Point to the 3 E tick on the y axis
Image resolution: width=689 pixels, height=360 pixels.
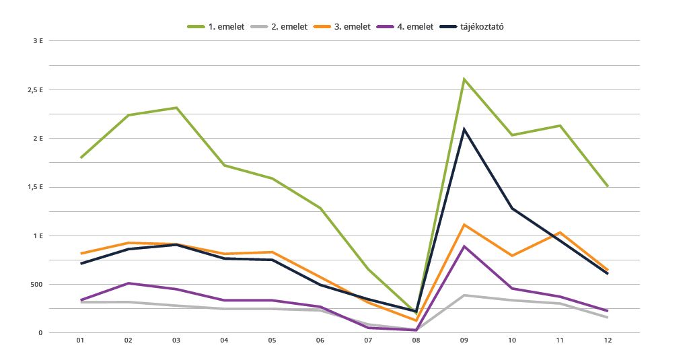[38, 41]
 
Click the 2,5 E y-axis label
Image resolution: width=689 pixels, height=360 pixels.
[36, 89]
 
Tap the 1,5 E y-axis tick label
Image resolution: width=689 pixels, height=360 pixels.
[36, 187]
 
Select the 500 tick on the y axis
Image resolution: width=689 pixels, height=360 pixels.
[36, 284]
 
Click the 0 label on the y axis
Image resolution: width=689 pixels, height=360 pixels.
[41, 333]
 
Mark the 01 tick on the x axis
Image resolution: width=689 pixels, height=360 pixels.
[80, 341]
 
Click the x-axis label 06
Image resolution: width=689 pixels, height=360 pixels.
[320, 341]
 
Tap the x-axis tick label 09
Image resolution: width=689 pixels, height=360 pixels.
[464, 341]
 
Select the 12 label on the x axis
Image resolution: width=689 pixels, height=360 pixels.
[608, 341]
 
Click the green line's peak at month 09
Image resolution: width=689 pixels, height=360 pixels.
[464, 79]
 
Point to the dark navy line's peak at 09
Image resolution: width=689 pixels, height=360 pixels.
[464, 129]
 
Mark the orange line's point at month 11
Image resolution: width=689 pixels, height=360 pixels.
[560, 232]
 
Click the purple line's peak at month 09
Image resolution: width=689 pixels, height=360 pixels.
[464, 246]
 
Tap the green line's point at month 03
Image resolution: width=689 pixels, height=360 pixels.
[176, 108]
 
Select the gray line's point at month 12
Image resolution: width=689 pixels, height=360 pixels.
[608, 317]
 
